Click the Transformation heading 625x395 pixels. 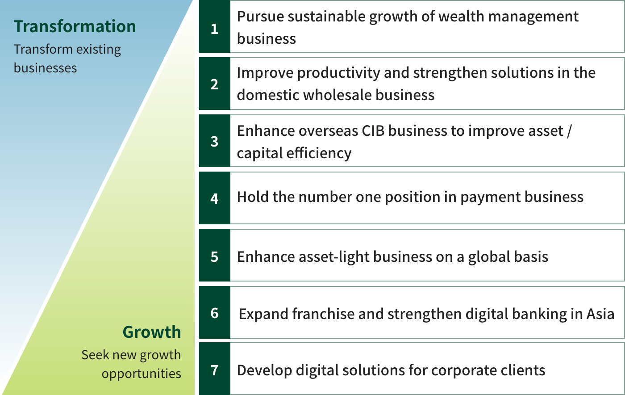click(x=75, y=26)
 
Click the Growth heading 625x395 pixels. click(x=152, y=332)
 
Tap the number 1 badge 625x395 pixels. click(x=215, y=26)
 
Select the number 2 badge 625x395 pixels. click(x=215, y=84)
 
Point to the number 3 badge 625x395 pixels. click(x=215, y=141)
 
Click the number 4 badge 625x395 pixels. click(x=215, y=198)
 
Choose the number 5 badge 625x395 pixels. click(x=215, y=255)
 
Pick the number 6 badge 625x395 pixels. click(x=215, y=312)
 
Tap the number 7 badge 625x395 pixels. click(x=215, y=369)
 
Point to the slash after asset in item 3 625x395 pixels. click(x=569, y=131)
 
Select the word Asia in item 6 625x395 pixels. click(x=600, y=314)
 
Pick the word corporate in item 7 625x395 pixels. click(x=464, y=371)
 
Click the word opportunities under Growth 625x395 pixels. click(x=142, y=374)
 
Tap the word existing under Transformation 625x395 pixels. click(x=99, y=50)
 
